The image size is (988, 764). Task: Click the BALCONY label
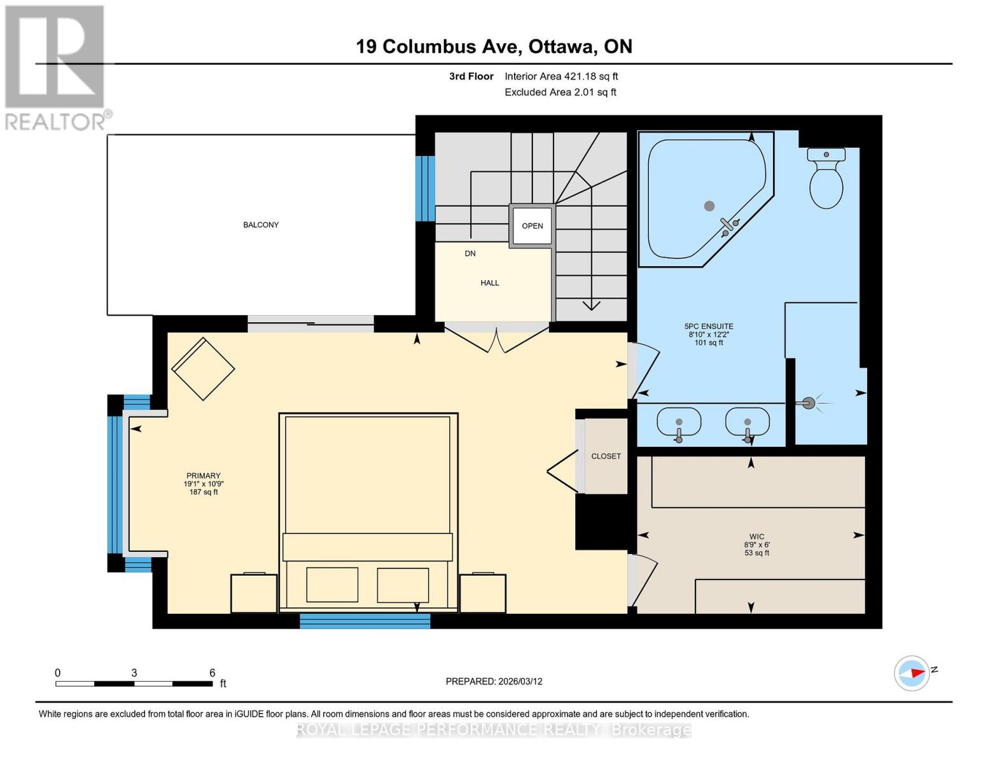click(x=261, y=225)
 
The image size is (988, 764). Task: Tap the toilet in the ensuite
click(x=826, y=180)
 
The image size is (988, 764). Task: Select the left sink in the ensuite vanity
click(x=679, y=423)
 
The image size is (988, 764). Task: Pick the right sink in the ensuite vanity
click(x=748, y=423)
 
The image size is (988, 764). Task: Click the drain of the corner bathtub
click(x=709, y=206)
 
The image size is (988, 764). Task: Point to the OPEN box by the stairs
click(x=532, y=226)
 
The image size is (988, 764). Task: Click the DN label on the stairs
click(x=470, y=253)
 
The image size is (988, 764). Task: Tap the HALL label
click(x=490, y=283)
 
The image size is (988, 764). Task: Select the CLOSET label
click(x=606, y=456)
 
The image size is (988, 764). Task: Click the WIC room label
click(x=756, y=537)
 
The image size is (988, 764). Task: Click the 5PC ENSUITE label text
click(x=709, y=326)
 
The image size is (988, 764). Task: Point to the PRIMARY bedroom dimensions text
click(x=204, y=484)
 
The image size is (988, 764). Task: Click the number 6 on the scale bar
click(x=212, y=673)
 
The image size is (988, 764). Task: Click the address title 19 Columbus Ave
click(x=494, y=46)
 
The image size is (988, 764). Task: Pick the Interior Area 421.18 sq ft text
click(x=561, y=76)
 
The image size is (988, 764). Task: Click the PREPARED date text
click(x=494, y=681)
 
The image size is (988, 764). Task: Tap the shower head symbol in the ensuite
click(x=808, y=402)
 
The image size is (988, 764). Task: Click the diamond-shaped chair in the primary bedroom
click(x=203, y=369)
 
